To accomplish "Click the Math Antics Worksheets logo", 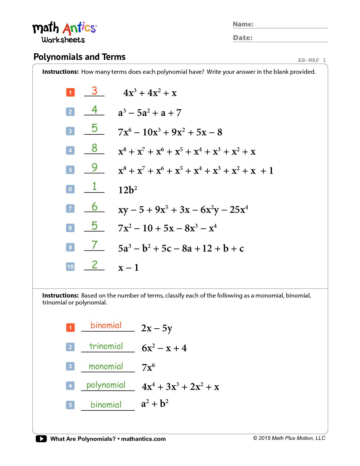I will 64,32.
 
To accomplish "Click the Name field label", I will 243,24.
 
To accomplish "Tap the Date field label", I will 243,38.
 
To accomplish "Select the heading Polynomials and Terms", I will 79,57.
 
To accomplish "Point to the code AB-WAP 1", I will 311,60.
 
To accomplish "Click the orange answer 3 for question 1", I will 95,91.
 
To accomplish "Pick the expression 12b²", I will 128,190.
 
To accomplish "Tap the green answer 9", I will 95,167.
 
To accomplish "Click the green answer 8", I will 95,148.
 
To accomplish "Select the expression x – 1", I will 128,267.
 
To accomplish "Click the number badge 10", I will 70,267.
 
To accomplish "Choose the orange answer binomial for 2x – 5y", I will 106,325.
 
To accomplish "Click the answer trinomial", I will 106,346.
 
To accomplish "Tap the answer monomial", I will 106,366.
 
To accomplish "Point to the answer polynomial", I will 106,385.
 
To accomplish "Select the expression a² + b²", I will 155,404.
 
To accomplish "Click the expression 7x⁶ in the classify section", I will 148,367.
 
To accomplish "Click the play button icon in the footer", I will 41,439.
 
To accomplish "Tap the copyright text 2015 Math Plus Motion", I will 289,438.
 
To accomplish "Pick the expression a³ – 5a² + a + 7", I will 150,113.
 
